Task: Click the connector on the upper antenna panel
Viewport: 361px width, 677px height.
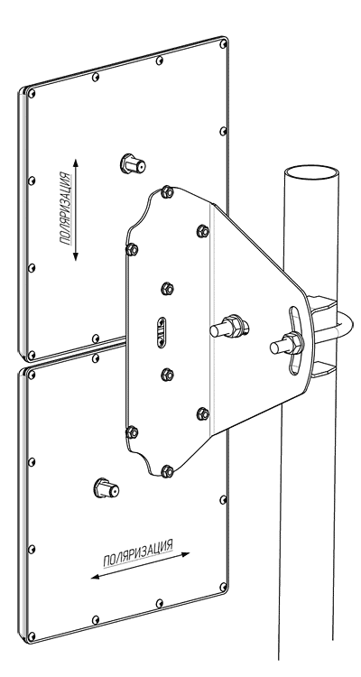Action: pos(133,163)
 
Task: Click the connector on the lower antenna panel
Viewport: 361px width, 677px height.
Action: pos(106,487)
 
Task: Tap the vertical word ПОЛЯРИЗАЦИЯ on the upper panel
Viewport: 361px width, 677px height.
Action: pos(65,209)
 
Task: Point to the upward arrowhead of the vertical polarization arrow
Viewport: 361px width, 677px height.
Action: pos(76,163)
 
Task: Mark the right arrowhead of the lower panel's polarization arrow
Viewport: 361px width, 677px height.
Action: pos(185,554)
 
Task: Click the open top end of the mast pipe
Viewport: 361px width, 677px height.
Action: pos(311,173)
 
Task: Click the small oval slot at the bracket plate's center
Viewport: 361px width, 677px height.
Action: pos(162,332)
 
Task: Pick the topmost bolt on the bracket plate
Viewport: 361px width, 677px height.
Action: pos(167,192)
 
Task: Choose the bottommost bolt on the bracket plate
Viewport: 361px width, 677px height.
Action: pos(167,471)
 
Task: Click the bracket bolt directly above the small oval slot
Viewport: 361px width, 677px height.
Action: pos(167,289)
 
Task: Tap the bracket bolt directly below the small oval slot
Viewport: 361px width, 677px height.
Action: pos(167,375)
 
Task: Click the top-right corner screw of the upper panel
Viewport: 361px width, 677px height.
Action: pos(223,43)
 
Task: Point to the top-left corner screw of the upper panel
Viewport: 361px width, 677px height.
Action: pos(32,93)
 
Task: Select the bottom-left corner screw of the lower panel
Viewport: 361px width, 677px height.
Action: pos(32,636)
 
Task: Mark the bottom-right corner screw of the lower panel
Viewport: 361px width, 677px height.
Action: pos(223,588)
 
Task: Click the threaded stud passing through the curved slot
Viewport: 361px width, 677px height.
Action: pos(287,345)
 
